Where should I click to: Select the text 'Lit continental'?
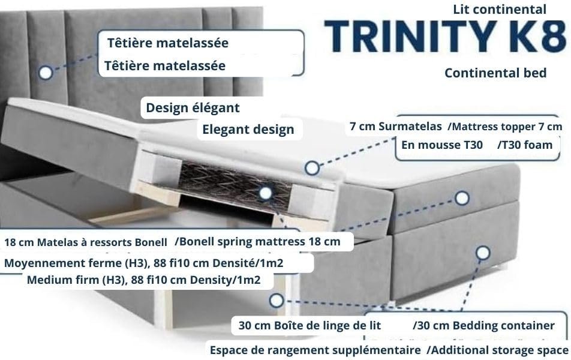coord(500,10)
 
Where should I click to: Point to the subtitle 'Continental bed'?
coord(495,73)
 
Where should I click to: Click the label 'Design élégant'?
coord(193,108)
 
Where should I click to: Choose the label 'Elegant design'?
coord(248,130)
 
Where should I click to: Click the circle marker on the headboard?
coord(46,73)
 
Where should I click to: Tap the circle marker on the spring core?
coord(266,193)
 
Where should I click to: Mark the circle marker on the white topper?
coord(312,168)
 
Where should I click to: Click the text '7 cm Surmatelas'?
coord(396,127)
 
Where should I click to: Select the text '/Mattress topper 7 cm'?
coord(505,127)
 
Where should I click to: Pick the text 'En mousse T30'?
coord(442,145)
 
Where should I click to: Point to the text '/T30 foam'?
coord(525,145)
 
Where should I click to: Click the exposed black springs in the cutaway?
coord(236,186)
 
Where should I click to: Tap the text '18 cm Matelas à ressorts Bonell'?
coord(86,242)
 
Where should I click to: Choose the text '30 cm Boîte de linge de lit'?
coord(309,325)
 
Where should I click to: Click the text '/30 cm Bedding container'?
coord(483,325)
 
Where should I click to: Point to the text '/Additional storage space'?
coord(497,350)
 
